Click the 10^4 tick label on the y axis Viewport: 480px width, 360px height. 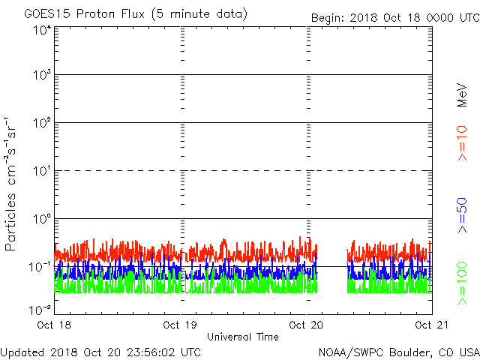click(x=41, y=29)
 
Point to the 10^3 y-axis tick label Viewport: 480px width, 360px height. click(x=41, y=76)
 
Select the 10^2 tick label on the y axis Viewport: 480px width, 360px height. click(x=41, y=124)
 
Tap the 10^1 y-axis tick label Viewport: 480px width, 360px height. click(x=41, y=172)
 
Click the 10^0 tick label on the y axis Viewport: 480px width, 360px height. click(x=41, y=220)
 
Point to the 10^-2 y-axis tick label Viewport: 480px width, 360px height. click(x=40, y=309)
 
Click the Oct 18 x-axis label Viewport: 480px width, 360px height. click(x=55, y=325)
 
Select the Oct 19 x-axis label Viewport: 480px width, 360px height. click(x=181, y=325)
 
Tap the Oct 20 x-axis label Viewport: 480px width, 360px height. click(x=307, y=325)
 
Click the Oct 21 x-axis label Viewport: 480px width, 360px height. click(x=431, y=325)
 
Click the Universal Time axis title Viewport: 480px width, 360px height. click(x=242, y=337)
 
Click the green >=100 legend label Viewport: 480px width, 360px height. click(x=463, y=283)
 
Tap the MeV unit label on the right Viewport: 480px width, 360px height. click(x=463, y=95)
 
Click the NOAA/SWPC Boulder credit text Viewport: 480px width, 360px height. click(x=398, y=352)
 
